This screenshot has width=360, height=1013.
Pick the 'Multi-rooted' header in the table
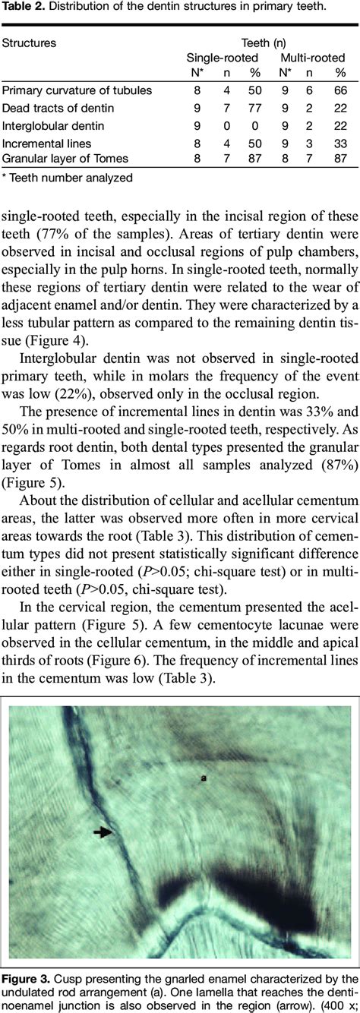coord(314,58)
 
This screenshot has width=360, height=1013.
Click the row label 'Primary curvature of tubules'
coord(77,90)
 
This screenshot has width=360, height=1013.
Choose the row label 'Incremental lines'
coord(46,142)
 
